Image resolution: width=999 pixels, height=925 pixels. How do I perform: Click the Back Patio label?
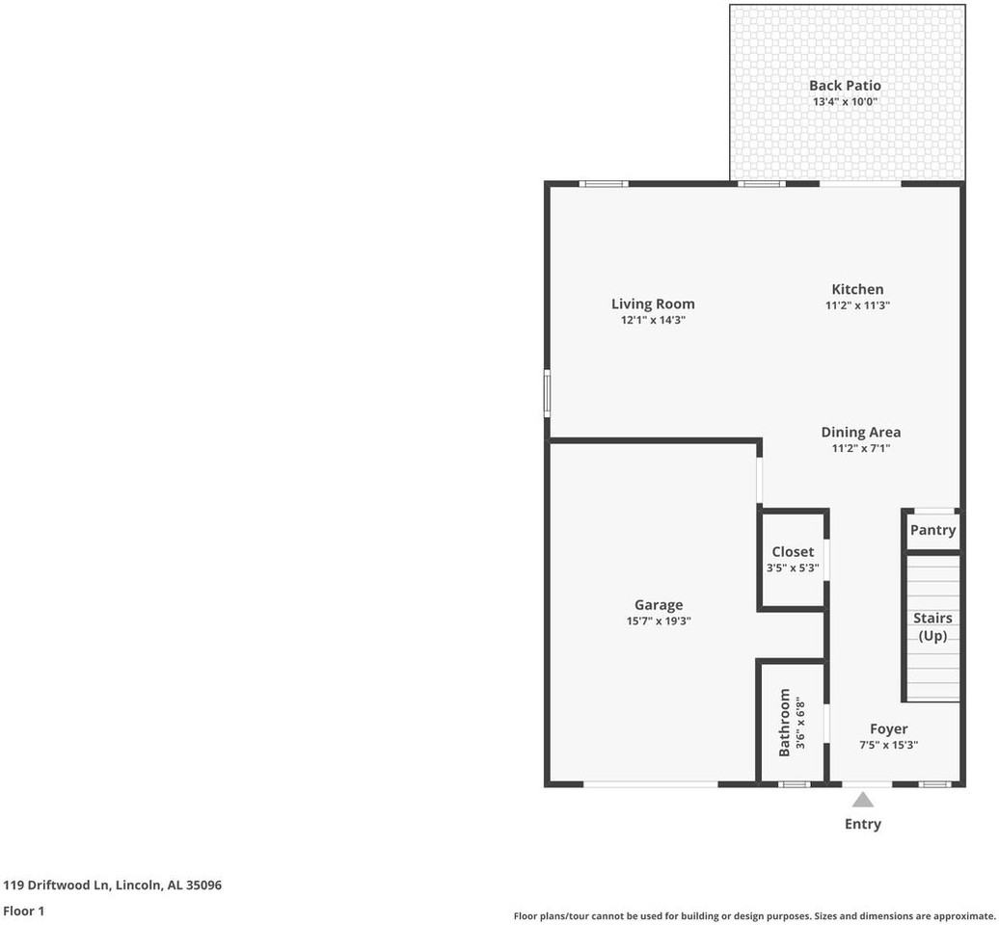845,86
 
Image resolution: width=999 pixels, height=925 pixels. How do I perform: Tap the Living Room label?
653,304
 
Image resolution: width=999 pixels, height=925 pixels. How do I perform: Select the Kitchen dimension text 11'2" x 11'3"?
857,305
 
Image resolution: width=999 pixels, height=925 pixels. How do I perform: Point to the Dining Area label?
860,433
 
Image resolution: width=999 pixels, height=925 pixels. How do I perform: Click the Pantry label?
932,530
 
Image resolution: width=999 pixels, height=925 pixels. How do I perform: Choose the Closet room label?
793,552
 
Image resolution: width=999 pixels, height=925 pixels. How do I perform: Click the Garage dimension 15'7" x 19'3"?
659,621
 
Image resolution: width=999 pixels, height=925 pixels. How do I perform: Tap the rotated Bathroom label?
785,722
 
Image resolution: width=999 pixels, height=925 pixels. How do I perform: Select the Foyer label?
888,729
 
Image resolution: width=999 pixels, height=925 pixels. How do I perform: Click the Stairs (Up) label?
932,627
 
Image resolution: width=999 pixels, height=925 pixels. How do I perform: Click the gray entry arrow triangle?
863,800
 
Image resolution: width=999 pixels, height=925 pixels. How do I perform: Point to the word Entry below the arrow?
863,824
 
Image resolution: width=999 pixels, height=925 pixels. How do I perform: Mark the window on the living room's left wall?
547,394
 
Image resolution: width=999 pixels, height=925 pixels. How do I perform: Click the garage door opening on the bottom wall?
651,784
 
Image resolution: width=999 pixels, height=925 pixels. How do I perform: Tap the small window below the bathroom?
794,784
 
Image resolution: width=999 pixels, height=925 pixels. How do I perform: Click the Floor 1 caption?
24,911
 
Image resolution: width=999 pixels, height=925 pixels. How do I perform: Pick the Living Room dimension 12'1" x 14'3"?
653,320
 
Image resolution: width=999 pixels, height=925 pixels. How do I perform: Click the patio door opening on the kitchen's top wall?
860,183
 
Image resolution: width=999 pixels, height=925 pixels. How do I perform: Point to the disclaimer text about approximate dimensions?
754,915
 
